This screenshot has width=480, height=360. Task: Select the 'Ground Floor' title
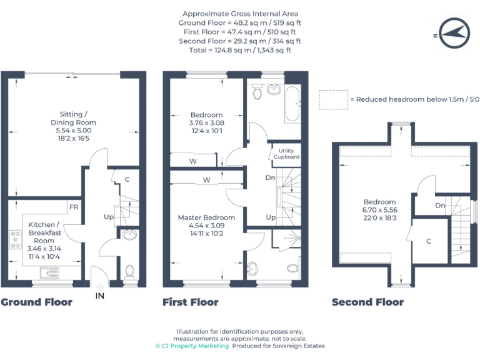click(36, 302)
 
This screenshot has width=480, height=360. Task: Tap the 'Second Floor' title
click(368, 302)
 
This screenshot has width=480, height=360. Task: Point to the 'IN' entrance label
click(99, 296)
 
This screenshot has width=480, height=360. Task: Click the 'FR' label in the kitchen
click(74, 207)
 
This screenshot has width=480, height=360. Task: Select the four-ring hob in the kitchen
click(14, 239)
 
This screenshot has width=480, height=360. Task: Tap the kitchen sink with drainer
click(48, 274)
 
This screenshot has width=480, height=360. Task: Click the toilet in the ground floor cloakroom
click(130, 271)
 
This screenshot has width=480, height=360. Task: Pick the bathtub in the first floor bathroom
click(292, 102)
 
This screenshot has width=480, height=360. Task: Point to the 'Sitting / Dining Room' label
click(74, 118)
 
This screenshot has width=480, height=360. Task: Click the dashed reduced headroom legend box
click(333, 99)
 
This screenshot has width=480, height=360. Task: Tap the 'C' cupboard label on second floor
click(429, 241)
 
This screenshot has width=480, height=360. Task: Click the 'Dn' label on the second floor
click(440, 206)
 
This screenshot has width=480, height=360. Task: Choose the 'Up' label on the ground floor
click(108, 217)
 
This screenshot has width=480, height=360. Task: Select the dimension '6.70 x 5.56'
click(380, 211)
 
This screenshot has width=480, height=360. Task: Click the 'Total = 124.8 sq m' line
click(240, 49)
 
